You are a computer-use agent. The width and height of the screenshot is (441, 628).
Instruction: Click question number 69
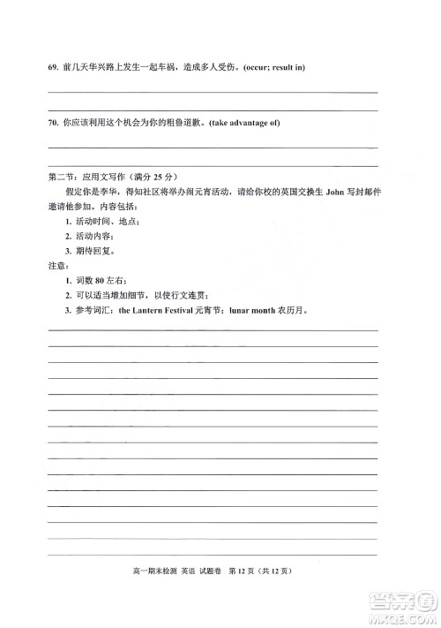click(52, 68)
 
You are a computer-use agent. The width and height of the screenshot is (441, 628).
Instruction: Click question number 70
click(52, 122)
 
